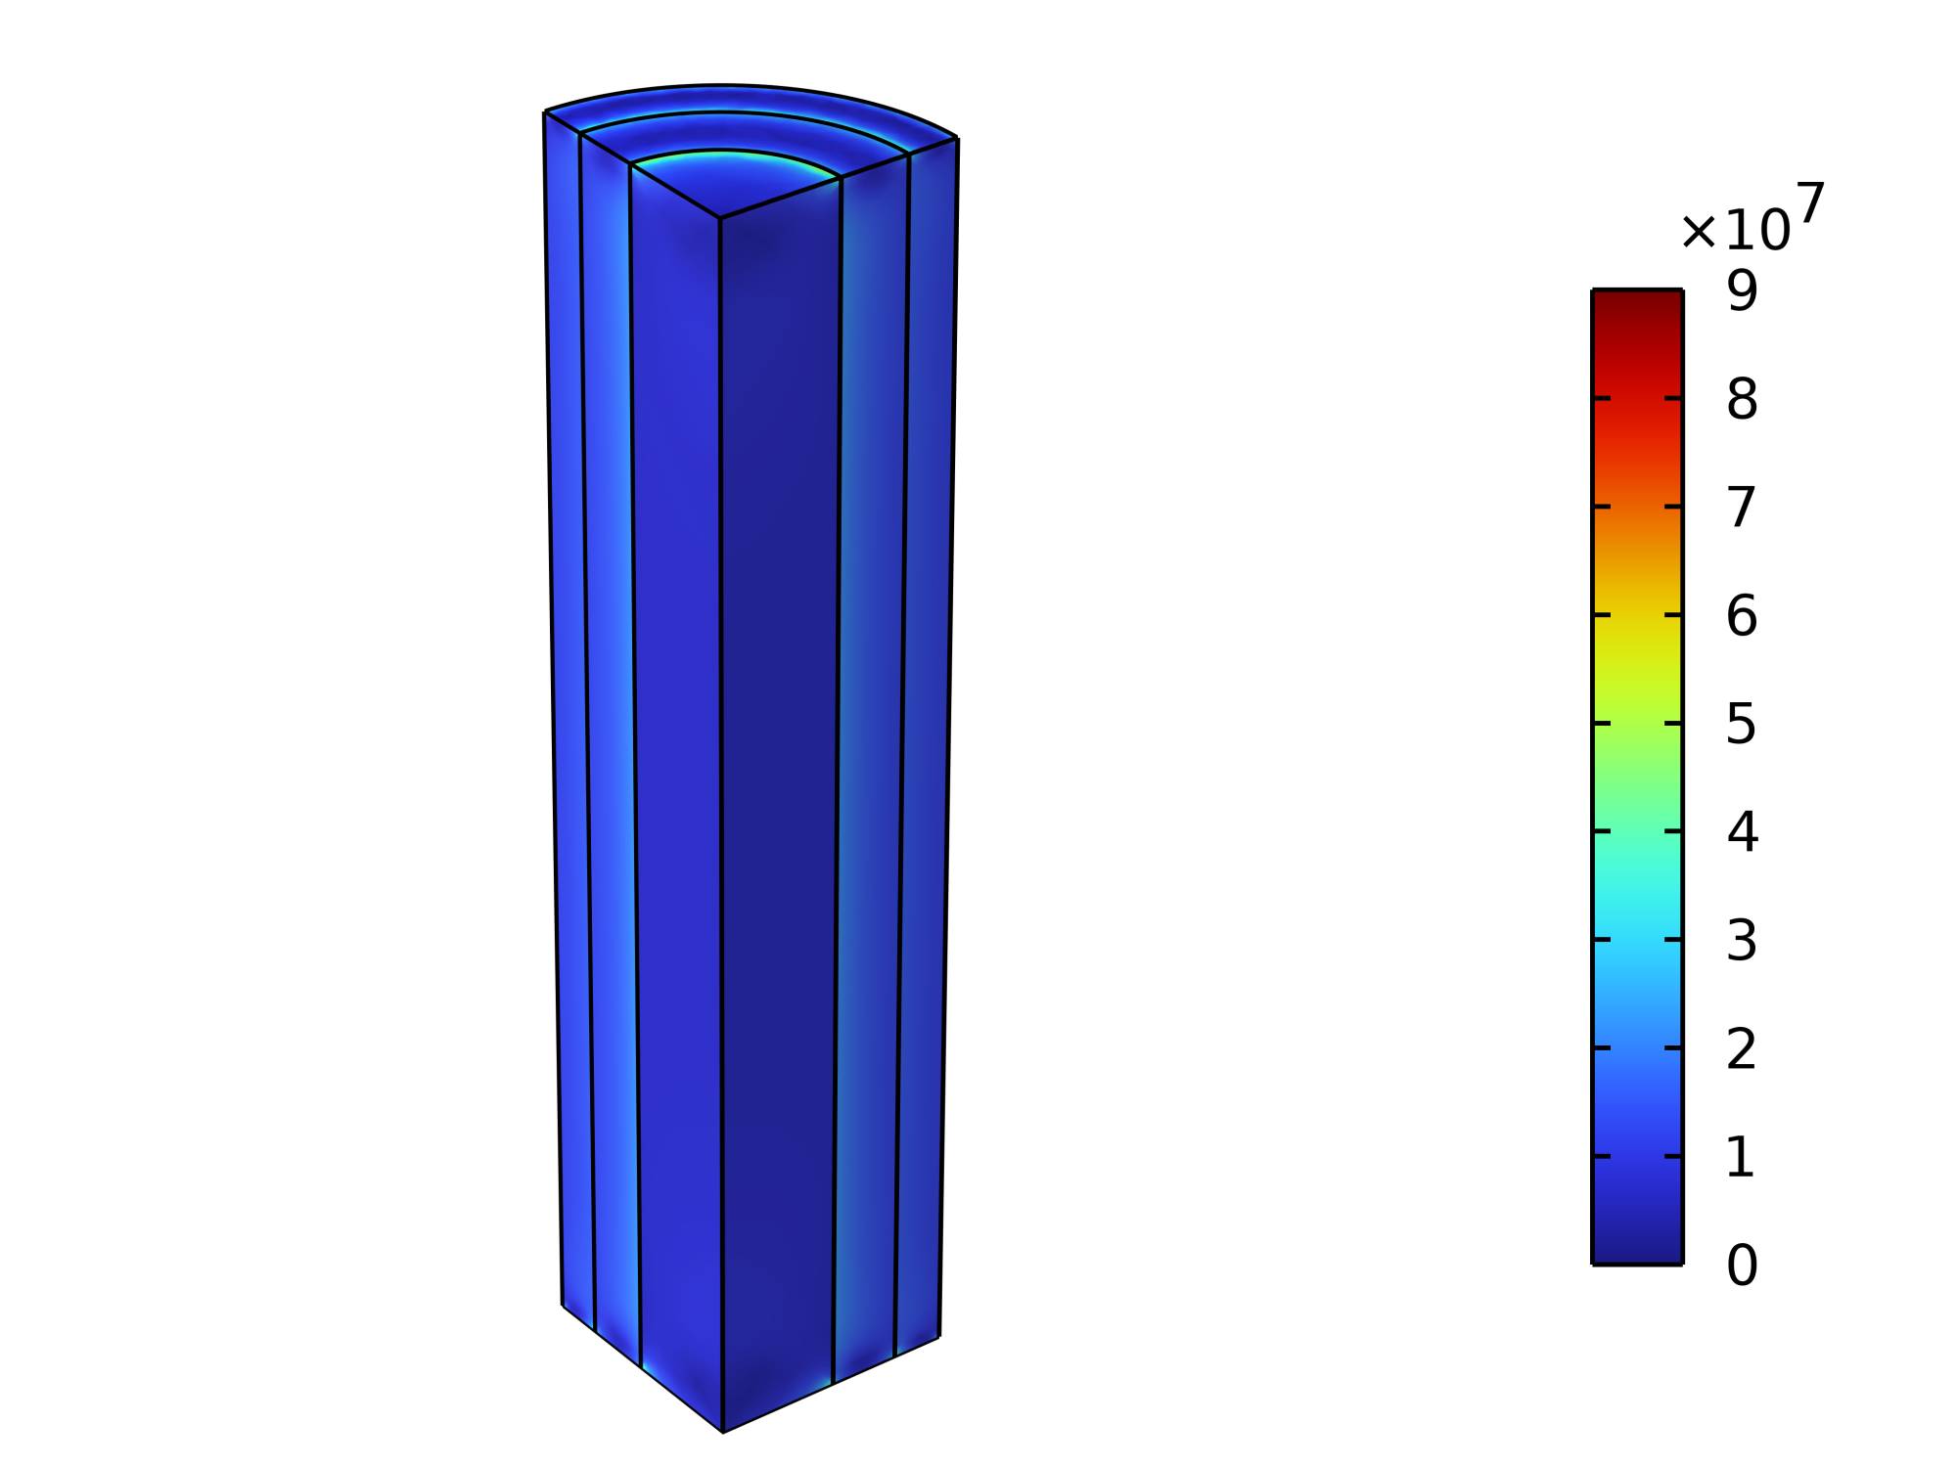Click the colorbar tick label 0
pyautogui.click(x=1742, y=1266)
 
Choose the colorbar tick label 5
pyautogui.click(x=1742, y=724)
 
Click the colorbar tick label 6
pyautogui.click(x=1742, y=615)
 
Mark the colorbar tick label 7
pyautogui.click(x=1742, y=507)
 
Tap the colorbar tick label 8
pyautogui.click(x=1742, y=399)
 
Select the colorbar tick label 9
pyautogui.click(x=1742, y=290)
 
